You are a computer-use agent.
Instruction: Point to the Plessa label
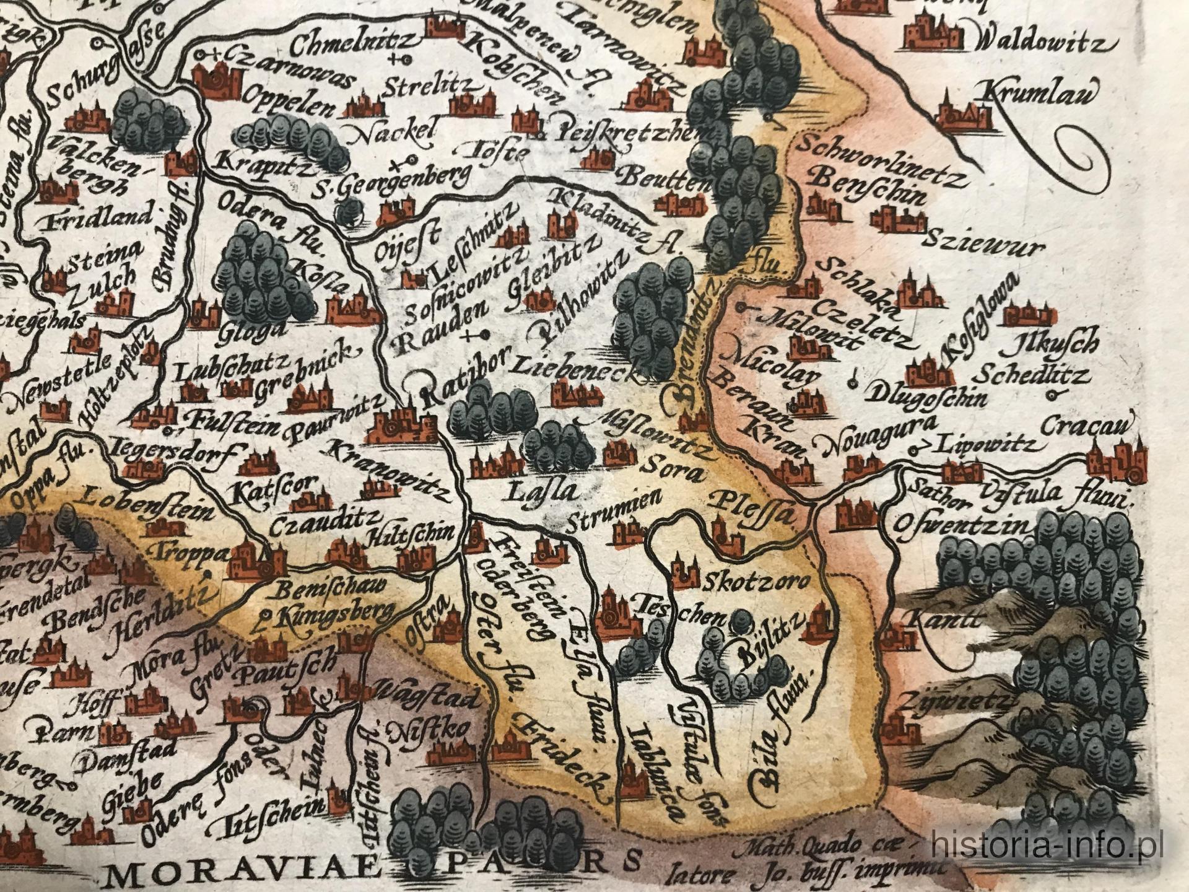point(752,501)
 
